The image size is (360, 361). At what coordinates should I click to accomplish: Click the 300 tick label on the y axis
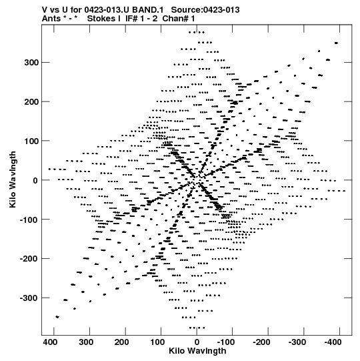pyautogui.click(x=32, y=63)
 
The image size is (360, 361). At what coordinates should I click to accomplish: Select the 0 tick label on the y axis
pyautogui.click(x=35, y=180)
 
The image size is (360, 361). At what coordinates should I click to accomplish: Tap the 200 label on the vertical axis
pyautogui.click(x=32, y=102)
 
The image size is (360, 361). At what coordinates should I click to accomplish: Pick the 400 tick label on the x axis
pyautogui.click(x=50, y=342)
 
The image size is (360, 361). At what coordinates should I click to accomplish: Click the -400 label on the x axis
pyautogui.click(x=333, y=342)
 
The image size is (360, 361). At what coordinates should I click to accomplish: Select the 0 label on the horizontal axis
pyautogui.click(x=197, y=342)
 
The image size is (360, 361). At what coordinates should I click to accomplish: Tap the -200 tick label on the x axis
pyautogui.click(x=261, y=342)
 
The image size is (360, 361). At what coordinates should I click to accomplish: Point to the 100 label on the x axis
pyautogui.click(x=157, y=342)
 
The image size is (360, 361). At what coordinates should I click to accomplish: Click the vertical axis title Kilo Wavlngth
pyautogui.click(x=13, y=179)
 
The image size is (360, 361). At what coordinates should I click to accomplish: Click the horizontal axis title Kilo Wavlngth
pyautogui.click(x=197, y=351)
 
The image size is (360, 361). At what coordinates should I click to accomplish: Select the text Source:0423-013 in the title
pyautogui.click(x=205, y=10)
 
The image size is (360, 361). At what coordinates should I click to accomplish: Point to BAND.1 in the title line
pyautogui.click(x=148, y=10)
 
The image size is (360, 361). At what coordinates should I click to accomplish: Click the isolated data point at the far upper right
pyautogui.click(x=336, y=43)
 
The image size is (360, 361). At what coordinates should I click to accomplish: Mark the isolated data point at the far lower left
pyautogui.click(x=57, y=317)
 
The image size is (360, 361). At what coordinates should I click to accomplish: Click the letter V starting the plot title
pyautogui.click(x=45, y=10)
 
